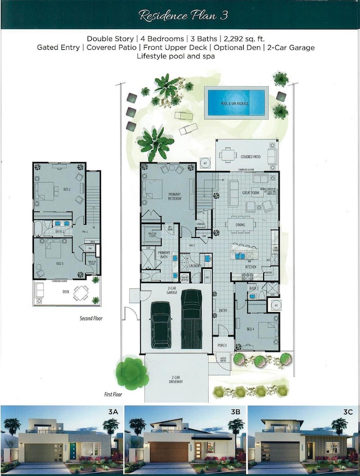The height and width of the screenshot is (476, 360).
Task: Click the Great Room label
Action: [251, 193]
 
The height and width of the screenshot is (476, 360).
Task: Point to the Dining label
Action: [240, 225]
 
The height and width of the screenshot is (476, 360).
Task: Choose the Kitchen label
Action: [251, 267]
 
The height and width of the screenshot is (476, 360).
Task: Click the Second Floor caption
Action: [90, 319]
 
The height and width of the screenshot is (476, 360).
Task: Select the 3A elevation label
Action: [113, 411]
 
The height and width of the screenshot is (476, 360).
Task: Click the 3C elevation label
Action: [347, 411]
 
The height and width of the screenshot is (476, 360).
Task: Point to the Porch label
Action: [223, 345]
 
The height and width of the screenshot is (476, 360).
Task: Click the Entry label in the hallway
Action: [223, 311]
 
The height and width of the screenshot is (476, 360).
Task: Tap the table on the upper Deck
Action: [81, 292]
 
